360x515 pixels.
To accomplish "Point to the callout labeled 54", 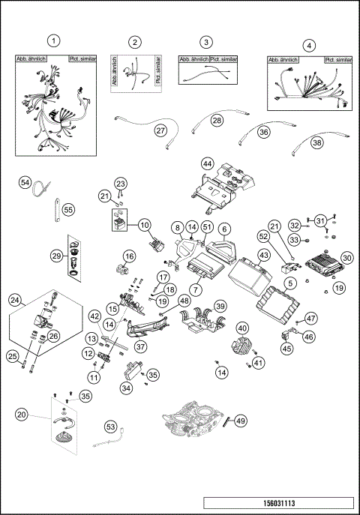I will [25, 183].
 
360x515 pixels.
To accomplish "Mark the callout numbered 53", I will [110, 427].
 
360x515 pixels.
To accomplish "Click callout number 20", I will [22, 415].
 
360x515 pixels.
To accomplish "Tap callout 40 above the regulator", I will [242, 328].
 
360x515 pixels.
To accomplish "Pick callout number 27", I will [160, 130].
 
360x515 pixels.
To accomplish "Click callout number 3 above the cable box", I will [206, 43].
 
